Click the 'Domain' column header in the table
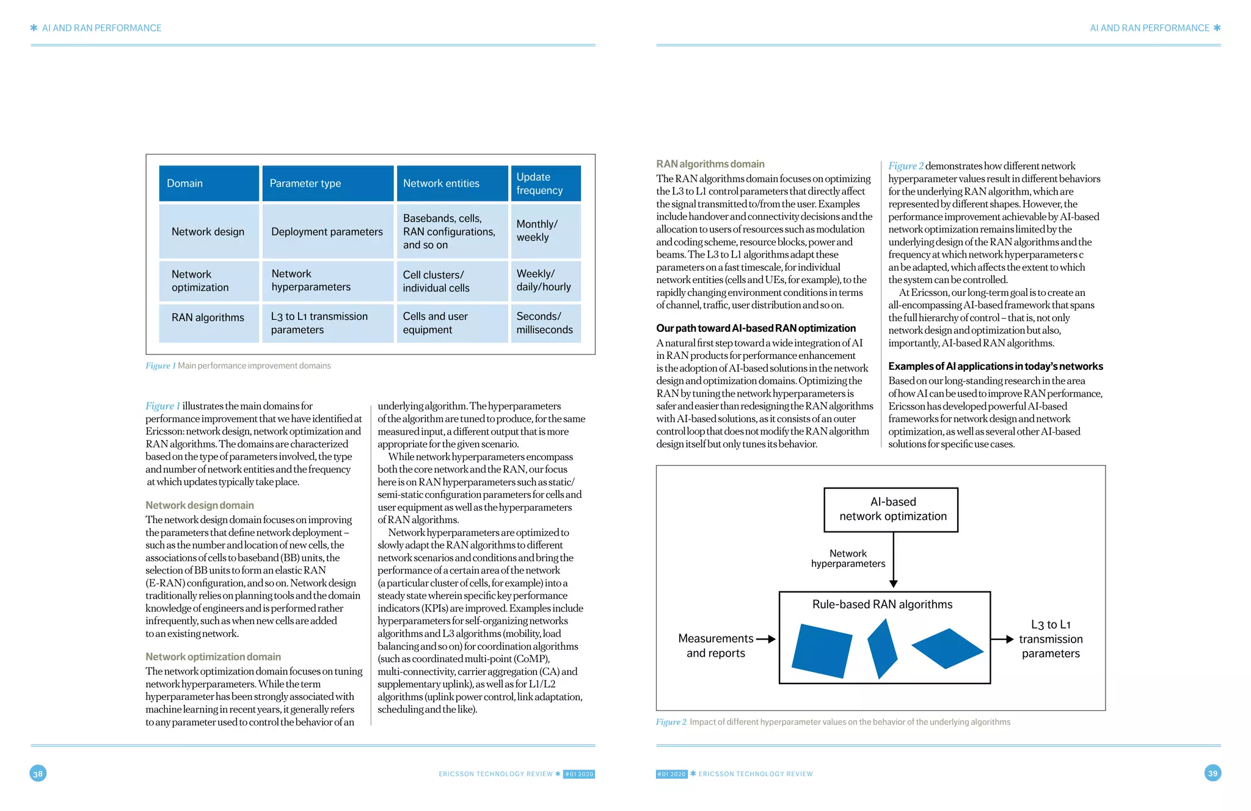click(208, 183)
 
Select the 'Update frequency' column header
click(545, 183)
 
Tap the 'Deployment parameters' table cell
click(327, 232)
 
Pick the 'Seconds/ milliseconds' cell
click(545, 323)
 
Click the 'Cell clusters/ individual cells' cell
click(451, 281)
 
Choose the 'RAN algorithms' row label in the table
click(208, 317)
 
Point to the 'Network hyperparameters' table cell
click(327, 281)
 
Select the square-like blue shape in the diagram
click(822, 650)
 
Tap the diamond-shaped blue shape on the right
click(947, 649)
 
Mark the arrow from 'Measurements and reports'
click(765, 639)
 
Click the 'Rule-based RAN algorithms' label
click(882, 604)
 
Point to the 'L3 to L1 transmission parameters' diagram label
click(1050, 639)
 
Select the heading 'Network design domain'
click(200, 505)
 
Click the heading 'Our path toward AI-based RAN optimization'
click(756, 328)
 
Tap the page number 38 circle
click(38, 774)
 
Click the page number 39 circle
click(1213, 773)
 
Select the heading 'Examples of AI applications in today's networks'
click(995, 366)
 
